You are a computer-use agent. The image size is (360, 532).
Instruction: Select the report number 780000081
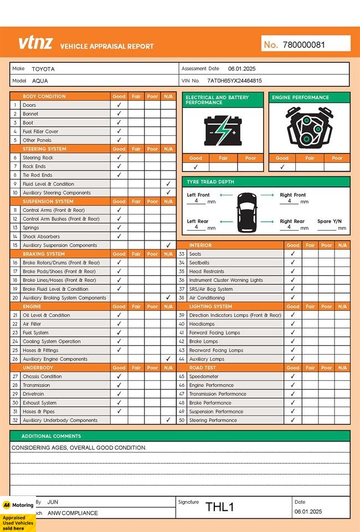pyautogui.click(x=304, y=45)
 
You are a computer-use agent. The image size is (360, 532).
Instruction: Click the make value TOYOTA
pyautogui.click(x=43, y=69)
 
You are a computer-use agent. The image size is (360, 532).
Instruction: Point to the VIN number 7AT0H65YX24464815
pyautogui.click(x=234, y=80)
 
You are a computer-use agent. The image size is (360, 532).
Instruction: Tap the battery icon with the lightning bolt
pyautogui.click(x=223, y=130)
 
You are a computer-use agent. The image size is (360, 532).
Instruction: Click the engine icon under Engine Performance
pyautogui.click(x=309, y=128)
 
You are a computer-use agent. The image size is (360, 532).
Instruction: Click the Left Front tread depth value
pyautogui.click(x=197, y=201)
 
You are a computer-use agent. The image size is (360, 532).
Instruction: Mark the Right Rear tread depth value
pyautogui.click(x=289, y=227)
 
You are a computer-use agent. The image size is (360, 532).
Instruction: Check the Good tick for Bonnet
pyautogui.click(x=119, y=114)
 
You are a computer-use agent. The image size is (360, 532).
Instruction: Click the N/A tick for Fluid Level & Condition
pyautogui.click(x=168, y=184)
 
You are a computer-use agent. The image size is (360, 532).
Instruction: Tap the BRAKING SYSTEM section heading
pyautogui.click(x=44, y=254)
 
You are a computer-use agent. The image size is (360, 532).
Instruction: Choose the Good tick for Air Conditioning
pyautogui.click(x=293, y=298)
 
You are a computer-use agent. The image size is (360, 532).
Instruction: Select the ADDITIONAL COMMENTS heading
pyautogui.click(x=51, y=436)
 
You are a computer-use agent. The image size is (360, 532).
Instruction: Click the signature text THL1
pyautogui.click(x=220, y=507)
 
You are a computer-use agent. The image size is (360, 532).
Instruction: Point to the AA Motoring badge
pyautogui.click(x=18, y=505)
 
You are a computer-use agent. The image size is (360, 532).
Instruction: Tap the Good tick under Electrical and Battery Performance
pyautogui.click(x=196, y=167)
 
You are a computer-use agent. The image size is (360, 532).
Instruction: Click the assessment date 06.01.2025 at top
pyautogui.click(x=241, y=69)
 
